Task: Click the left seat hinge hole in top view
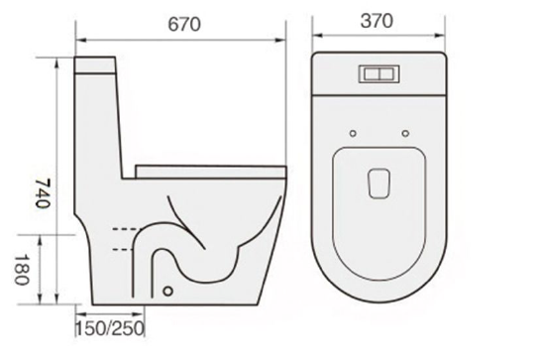[x=353, y=132]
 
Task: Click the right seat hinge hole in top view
[x=406, y=132]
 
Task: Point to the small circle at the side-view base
[x=169, y=293]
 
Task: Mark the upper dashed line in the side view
[x=124, y=229]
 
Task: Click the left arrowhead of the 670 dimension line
[x=80, y=41]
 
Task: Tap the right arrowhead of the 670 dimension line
[x=284, y=41]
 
